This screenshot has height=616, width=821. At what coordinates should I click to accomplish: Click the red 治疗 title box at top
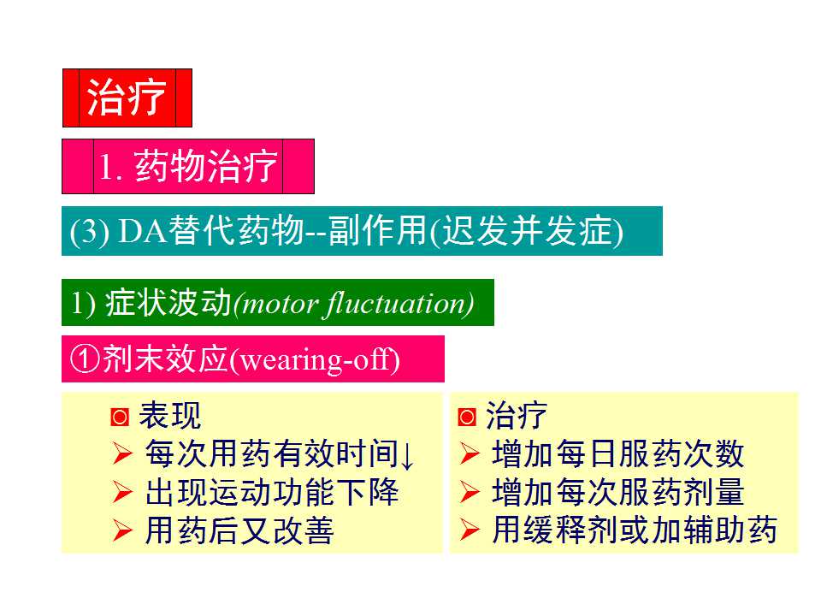[x=127, y=98]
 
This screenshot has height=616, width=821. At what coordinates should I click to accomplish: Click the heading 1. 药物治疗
[x=188, y=167]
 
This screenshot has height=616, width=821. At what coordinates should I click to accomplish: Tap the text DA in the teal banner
[x=141, y=231]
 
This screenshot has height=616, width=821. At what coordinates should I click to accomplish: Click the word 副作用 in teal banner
[x=382, y=231]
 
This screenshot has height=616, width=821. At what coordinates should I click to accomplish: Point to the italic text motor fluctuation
[x=353, y=304]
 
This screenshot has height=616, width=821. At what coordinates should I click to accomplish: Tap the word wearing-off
[x=316, y=359]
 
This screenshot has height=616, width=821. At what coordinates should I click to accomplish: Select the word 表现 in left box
[x=170, y=417]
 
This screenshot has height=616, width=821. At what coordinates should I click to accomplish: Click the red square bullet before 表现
[x=120, y=418]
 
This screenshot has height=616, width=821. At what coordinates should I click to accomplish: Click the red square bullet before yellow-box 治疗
[x=467, y=418]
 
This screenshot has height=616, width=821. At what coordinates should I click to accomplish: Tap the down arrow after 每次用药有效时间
[x=408, y=455]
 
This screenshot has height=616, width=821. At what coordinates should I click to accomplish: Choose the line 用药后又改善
[x=239, y=531]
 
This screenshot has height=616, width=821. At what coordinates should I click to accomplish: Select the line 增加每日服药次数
[x=617, y=455]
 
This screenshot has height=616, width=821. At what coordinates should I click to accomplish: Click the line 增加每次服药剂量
[x=617, y=493]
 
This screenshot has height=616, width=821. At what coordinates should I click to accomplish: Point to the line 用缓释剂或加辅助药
[x=634, y=531]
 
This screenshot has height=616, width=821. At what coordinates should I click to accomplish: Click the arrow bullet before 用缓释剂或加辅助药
[x=469, y=531]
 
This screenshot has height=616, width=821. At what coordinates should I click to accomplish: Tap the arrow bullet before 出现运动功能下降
[x=122, y=493]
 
